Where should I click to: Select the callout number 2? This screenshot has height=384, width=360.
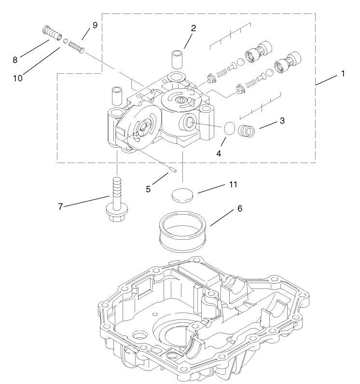click(193, 28)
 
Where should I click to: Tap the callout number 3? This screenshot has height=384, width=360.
click(282, 120)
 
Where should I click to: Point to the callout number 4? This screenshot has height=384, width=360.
click(219, 153)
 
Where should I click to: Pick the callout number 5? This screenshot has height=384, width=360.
click(149, 189)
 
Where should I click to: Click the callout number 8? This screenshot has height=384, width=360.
click(15, 60)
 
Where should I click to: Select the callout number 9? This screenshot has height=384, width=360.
click(95, 25)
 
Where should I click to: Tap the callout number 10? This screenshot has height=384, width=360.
click(18, 78)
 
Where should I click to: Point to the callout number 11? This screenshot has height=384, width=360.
click(234, 185)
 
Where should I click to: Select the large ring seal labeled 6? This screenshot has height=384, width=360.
click(183, 232)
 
